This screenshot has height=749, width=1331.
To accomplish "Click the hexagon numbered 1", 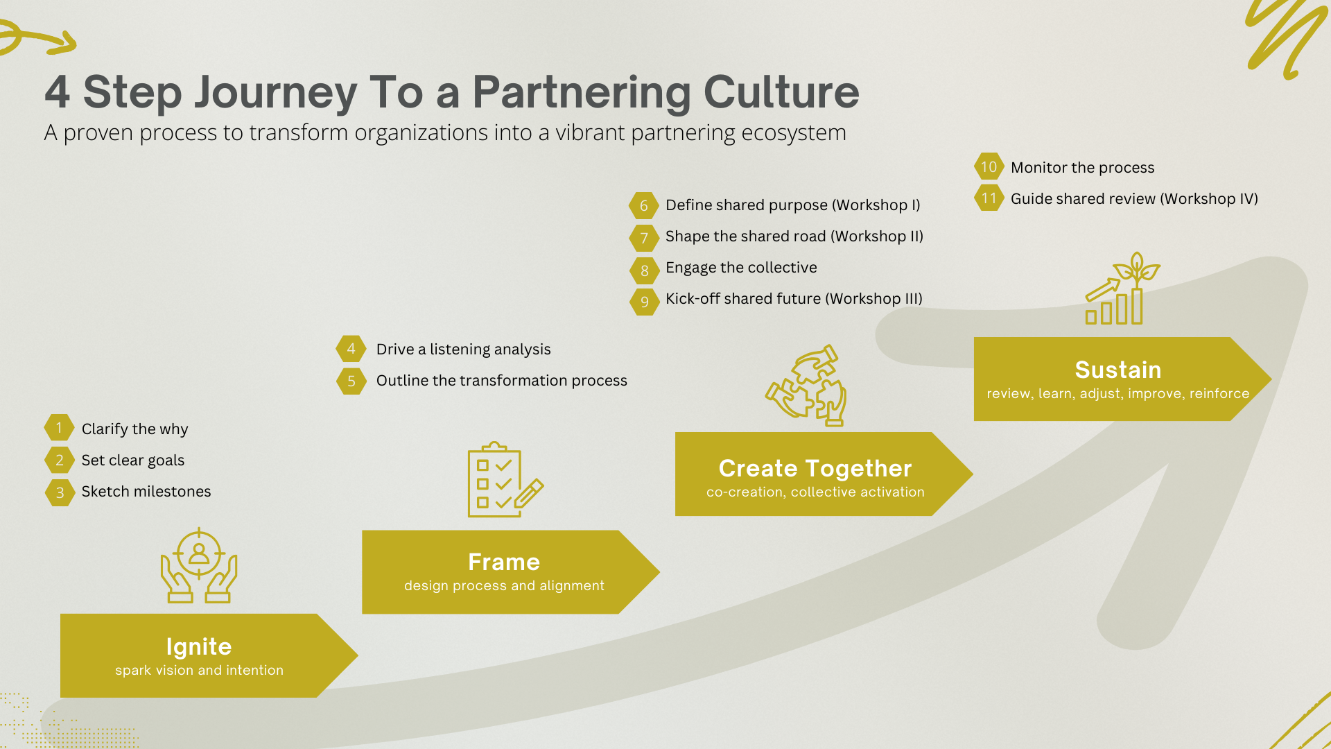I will click(x=60, y=428).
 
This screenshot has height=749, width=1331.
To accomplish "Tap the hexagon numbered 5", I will click(x=351, y=381).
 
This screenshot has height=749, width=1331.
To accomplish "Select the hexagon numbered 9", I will click(x=644, y=302).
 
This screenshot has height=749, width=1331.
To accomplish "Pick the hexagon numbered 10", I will click(x=989, y=167).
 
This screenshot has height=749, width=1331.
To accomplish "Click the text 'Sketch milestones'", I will click(x=146, y=492).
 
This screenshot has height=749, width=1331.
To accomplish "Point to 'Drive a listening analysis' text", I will click(x=463, y=350).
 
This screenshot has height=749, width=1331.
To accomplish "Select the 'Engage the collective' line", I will click(x=741, y=268).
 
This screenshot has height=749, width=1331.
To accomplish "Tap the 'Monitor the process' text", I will click(x=1082, y=168).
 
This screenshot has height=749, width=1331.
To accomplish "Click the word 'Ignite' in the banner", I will click(x=199, y=646).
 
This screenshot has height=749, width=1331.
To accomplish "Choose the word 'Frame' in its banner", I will click(x=504, y=562).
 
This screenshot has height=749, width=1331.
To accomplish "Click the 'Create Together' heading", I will click(x=815, y=468).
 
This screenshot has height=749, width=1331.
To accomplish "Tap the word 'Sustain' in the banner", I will click(x=1117, y=370).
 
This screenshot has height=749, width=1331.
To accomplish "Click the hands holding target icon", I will click(x=199, y=565).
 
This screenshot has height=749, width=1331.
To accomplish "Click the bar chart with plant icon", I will click(x=1122, y=289).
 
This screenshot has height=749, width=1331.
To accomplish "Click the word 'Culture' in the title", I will click(x=781, y=92).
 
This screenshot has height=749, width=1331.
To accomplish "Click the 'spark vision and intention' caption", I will click(x=199, y=671).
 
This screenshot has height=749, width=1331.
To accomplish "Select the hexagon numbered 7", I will click(x=644, y=238).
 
